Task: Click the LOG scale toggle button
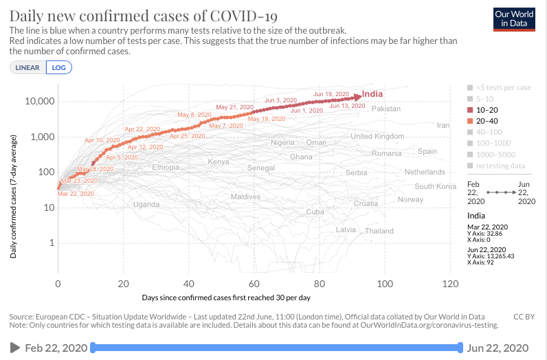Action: [x=59, y=67]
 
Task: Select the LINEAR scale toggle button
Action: [x=28, y=67]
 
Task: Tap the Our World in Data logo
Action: [x=514, y=19]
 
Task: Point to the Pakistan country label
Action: [x=386, y=109]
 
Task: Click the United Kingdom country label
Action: [x=377, y=136]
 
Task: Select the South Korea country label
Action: [x=435, y=186]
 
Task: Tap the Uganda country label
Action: [x=146, y=204]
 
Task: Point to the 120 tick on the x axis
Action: [x=450, y=284]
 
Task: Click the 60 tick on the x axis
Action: [x=254, y=284]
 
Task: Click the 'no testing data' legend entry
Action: [x=499, y=165]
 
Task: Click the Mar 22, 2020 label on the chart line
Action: [x=76, y=194]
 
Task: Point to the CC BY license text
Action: [x=524, y=316]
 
